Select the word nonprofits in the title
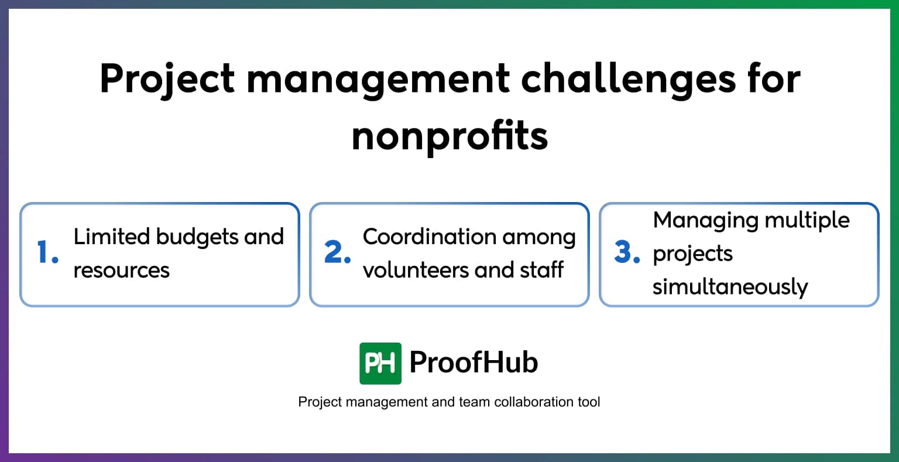click(x=449, y=136)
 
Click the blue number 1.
click(x=47, y=253)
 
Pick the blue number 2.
click(x=337, y=253)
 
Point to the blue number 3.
click(x=626, y=253)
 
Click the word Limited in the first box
click(x=112, y=237)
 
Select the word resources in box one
click(x=121, y=271)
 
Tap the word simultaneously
click(x=730, y=287)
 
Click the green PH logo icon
click(x=380, y=363)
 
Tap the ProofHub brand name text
click(x=473, y=362)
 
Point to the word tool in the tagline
click(x=588, y=402)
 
